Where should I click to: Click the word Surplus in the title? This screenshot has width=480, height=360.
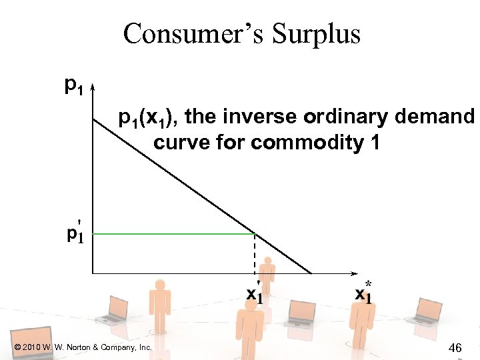pyautogui.click(x=315, y=33)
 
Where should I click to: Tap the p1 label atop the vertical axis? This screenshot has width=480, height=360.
pyautogui.click(x=73, y=85)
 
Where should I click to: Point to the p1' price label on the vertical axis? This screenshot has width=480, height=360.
pyautogui.click(x=75, y=233)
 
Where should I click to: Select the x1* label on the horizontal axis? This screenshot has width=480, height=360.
pyautogui.click(x=363, y=292)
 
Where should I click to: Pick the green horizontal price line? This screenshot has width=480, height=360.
pyautogui.click(x=173, y=233)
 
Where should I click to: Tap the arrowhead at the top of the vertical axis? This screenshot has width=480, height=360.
pyautogui.click(x=92, y=87)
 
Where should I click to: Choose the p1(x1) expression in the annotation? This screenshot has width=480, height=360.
pyautogui.click(x=148, y=119)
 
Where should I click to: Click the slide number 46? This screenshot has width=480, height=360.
pyautogui.click(x=456, y=347)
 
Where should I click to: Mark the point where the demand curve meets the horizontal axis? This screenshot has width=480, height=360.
pyautogui.click(x=311, y=273)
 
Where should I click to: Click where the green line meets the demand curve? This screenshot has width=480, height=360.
pyautogui.click(x=255, y=233)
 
